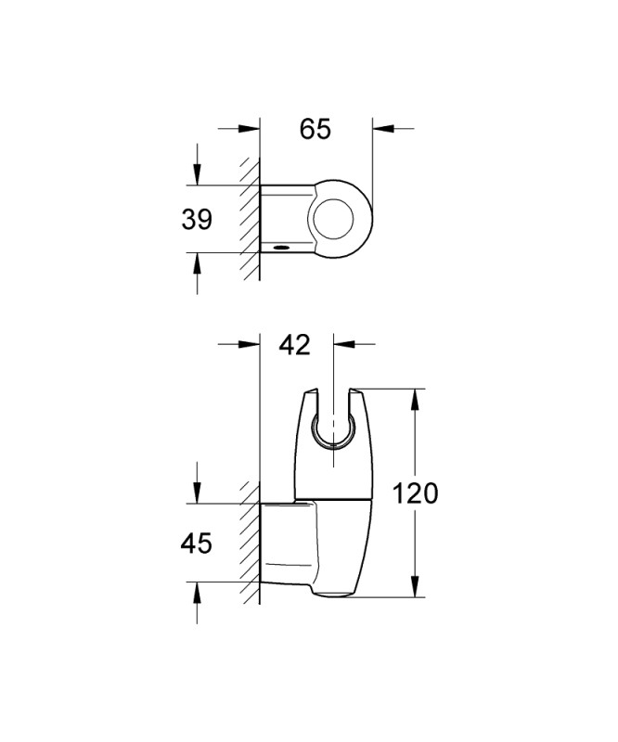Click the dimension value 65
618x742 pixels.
(x=315, y=129)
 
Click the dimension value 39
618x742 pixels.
(x=197, y=220)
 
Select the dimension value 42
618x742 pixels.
(x=294, y=344)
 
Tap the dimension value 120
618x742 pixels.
(x=416, y=493)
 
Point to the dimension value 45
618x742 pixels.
(x=196, y=543)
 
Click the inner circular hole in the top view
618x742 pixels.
(x=335, y=219)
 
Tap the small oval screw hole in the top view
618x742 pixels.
(x=281, y=247)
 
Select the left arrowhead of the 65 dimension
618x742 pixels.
(x=250, y=128)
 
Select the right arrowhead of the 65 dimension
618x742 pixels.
(x=383, y=128)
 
